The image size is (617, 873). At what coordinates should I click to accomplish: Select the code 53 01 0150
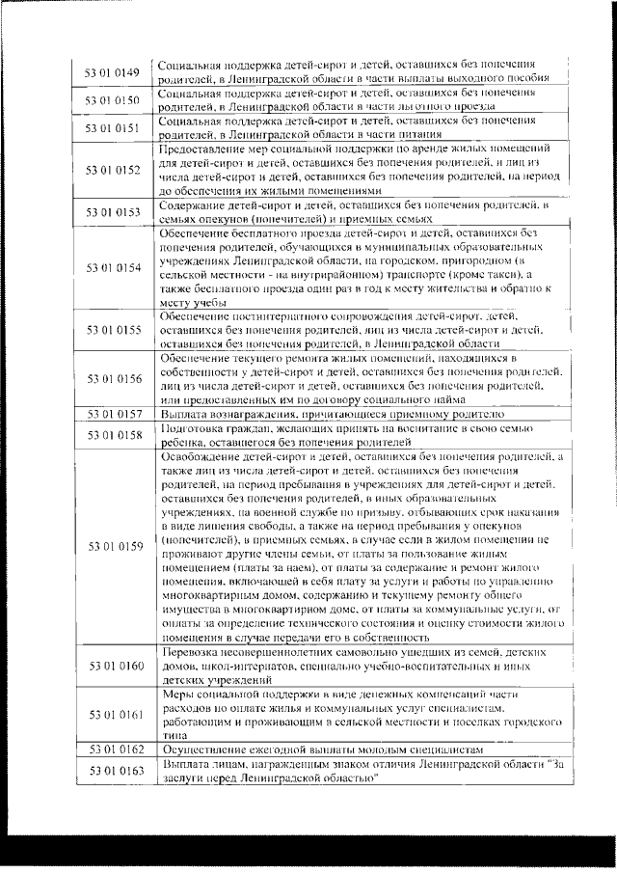tap(113, 100)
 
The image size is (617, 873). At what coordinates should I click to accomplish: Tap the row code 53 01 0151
tap(113, 127)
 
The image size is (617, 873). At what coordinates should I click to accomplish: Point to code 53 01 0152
tap(113, 170)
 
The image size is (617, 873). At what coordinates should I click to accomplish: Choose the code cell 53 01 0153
tap(113, 213)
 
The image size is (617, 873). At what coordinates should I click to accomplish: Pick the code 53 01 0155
tap(113, 329)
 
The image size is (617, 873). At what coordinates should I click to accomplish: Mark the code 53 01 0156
tap(113, 379)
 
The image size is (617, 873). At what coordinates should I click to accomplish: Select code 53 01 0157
tap(113, 414)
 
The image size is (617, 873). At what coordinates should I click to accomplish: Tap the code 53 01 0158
tap(113, 435)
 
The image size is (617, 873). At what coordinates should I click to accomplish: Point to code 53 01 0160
tap(113, 667)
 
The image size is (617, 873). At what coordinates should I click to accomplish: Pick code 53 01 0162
tap(113, 749)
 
